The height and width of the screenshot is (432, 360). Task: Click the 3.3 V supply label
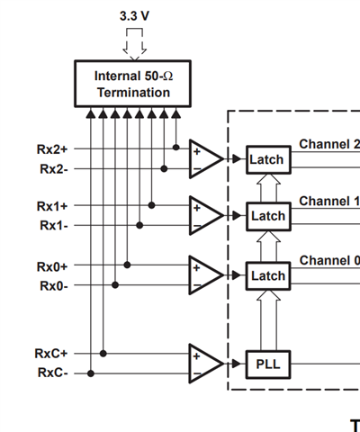[x=134, y=16]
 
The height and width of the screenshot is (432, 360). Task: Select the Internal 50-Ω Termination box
[x=132, y=84]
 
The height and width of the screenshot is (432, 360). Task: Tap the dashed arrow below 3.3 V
[x=134, y=44]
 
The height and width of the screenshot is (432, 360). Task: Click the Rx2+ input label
[x=52, y=149]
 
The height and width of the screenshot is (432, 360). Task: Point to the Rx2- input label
[x=54, y=169]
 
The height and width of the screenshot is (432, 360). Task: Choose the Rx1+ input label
[x=52, y=206]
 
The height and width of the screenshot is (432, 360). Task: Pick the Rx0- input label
[x=54, y=286]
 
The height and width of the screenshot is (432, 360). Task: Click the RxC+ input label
[x=51, y=354]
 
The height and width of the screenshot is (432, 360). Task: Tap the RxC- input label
[x=52, y=373]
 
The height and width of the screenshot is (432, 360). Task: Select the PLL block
[x=268, y=364]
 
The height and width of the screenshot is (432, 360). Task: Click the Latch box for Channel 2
[x=268, y=159]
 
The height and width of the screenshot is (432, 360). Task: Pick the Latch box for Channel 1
[x=268, y=216]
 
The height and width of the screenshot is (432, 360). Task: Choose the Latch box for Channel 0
[x=268, y=276]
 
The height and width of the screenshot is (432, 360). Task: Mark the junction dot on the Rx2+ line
[x=176, y=148]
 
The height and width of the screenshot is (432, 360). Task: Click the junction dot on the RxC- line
[x=91, y=373]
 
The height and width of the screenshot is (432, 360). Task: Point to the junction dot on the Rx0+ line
[x=127, y=265]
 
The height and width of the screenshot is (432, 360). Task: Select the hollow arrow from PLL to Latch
[x=268, y=320]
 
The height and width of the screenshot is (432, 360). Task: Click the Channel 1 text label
[x=329, y=201]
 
